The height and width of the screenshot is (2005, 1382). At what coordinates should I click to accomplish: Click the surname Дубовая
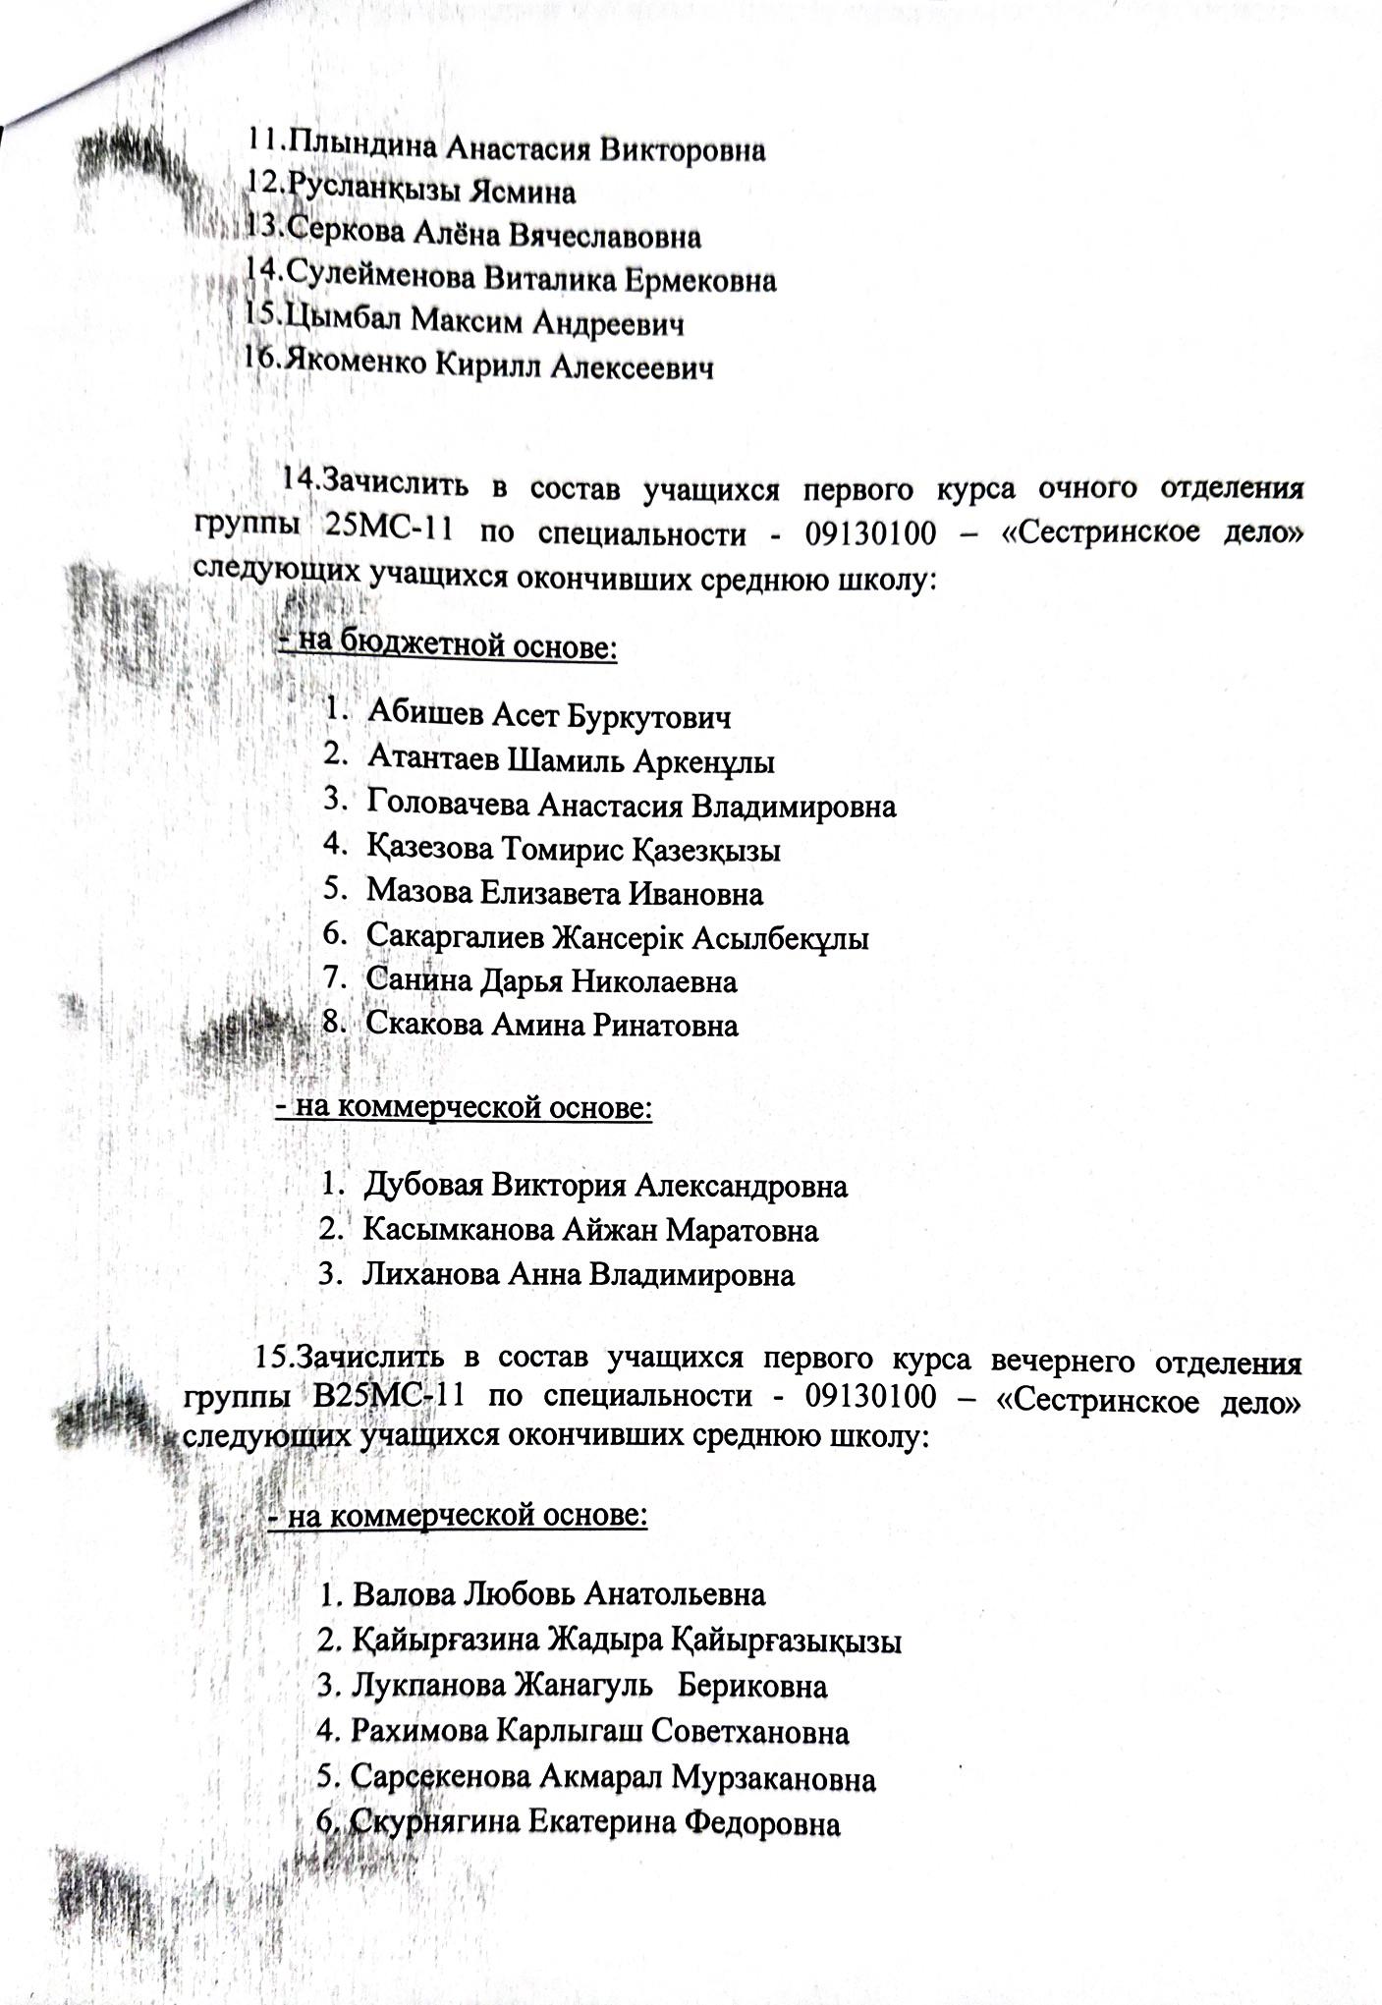click(422, 1186)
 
